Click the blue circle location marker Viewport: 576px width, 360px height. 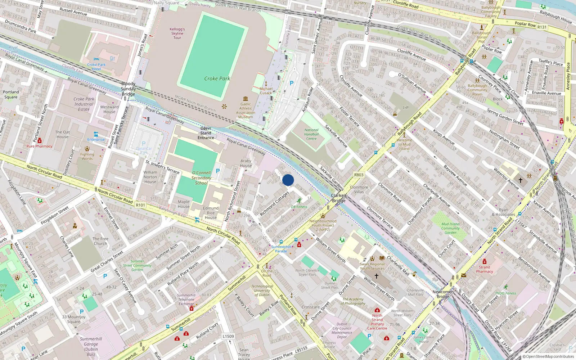[x=288, y=180]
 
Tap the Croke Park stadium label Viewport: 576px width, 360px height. [x=217, y=78]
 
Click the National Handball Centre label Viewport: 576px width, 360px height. [x=311, y=134]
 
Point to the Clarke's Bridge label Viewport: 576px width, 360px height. [x=339, y=198]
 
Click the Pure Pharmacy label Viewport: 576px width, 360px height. [x=39, y=146]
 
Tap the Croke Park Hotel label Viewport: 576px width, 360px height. [x=96, y=67]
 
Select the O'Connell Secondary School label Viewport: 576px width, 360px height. [x=201, y=178]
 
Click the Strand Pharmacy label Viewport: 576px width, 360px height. [x=484, y=269]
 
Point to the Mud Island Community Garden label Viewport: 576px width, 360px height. [x=450, y=228]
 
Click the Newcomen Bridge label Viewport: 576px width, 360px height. [x=443, y=294]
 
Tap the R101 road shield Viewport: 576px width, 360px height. [x=140, y=205]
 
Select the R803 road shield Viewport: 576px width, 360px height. [x=359, y=175]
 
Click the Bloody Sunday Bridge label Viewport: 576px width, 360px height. [x=128, y=89]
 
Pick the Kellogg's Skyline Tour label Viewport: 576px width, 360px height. [x=177, y=33]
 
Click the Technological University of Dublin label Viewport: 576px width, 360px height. [x=262, y=291]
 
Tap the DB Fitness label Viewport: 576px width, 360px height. [x=299, y=207]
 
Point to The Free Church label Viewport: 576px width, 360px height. [x=100, y=241]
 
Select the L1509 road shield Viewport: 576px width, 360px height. [x=228, y=336]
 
